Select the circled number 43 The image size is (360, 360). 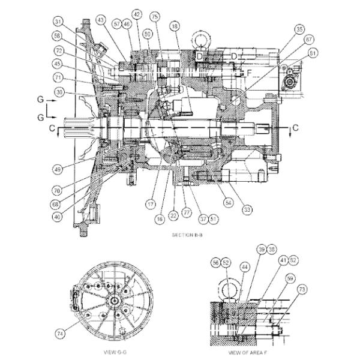[x=99, y=20]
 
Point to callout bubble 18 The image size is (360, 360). [x=175, y=28]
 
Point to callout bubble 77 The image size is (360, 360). [x=188, y=212]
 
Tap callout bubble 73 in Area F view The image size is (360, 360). [x=302, y=289]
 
